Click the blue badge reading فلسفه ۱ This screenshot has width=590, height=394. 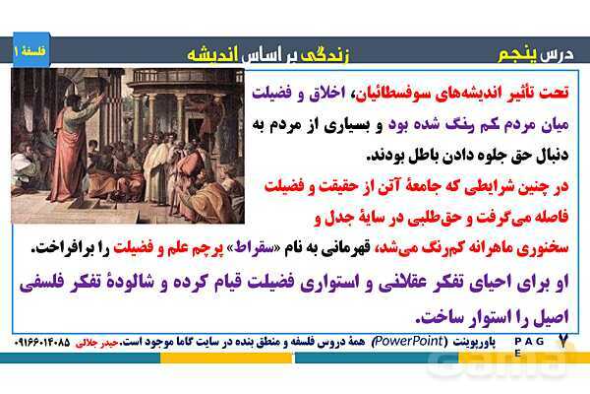(x=31, y=50)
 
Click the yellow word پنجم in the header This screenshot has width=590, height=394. (x=518, y=55)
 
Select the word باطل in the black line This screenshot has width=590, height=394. (x=418, y=155)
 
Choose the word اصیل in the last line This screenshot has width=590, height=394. (x=550, y=317)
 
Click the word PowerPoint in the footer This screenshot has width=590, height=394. (x=407, y=341)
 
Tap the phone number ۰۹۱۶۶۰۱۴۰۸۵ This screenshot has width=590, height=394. (x=42, y=343)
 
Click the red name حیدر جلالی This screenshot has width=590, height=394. (x=97, y=343)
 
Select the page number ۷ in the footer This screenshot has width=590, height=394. (x=562, y=341)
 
